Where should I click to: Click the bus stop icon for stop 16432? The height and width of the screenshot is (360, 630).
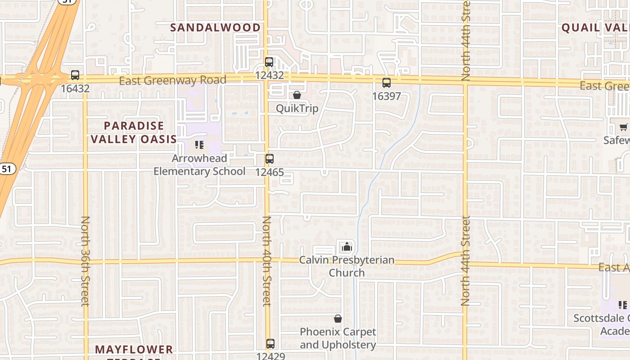[75, 75]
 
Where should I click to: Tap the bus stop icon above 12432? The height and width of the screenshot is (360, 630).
[269, 62]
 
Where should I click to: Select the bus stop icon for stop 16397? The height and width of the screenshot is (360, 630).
[386, 83]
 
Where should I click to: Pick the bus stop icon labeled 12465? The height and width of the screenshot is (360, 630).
[269, 159]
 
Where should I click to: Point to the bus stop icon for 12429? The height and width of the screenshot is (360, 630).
[270, 344]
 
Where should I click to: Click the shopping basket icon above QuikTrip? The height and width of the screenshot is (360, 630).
[297, 95]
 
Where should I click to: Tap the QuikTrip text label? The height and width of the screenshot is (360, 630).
[297, 108]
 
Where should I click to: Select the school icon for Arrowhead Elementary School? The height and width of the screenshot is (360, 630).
[199, 145]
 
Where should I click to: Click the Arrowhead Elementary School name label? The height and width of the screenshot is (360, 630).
[199, 165]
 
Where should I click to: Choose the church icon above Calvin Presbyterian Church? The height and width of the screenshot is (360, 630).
[346, 247]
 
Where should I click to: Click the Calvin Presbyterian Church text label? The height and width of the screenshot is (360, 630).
[346, 266]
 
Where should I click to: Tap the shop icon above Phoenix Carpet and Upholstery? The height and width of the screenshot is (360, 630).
[338, 319]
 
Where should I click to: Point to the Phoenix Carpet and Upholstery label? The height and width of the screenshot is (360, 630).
[338, 338]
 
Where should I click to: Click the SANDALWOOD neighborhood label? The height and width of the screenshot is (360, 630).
[215, 27]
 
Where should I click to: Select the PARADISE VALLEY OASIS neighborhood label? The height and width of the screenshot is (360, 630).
[134, 132]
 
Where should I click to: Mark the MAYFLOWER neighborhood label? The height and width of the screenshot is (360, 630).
[134, 350]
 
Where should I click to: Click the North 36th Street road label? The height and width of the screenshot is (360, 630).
[85, 261]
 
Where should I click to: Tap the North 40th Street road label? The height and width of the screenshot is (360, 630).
[267, 261]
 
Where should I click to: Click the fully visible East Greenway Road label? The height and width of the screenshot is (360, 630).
[172, 81]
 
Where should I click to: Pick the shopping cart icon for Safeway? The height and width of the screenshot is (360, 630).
[624, 127]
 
